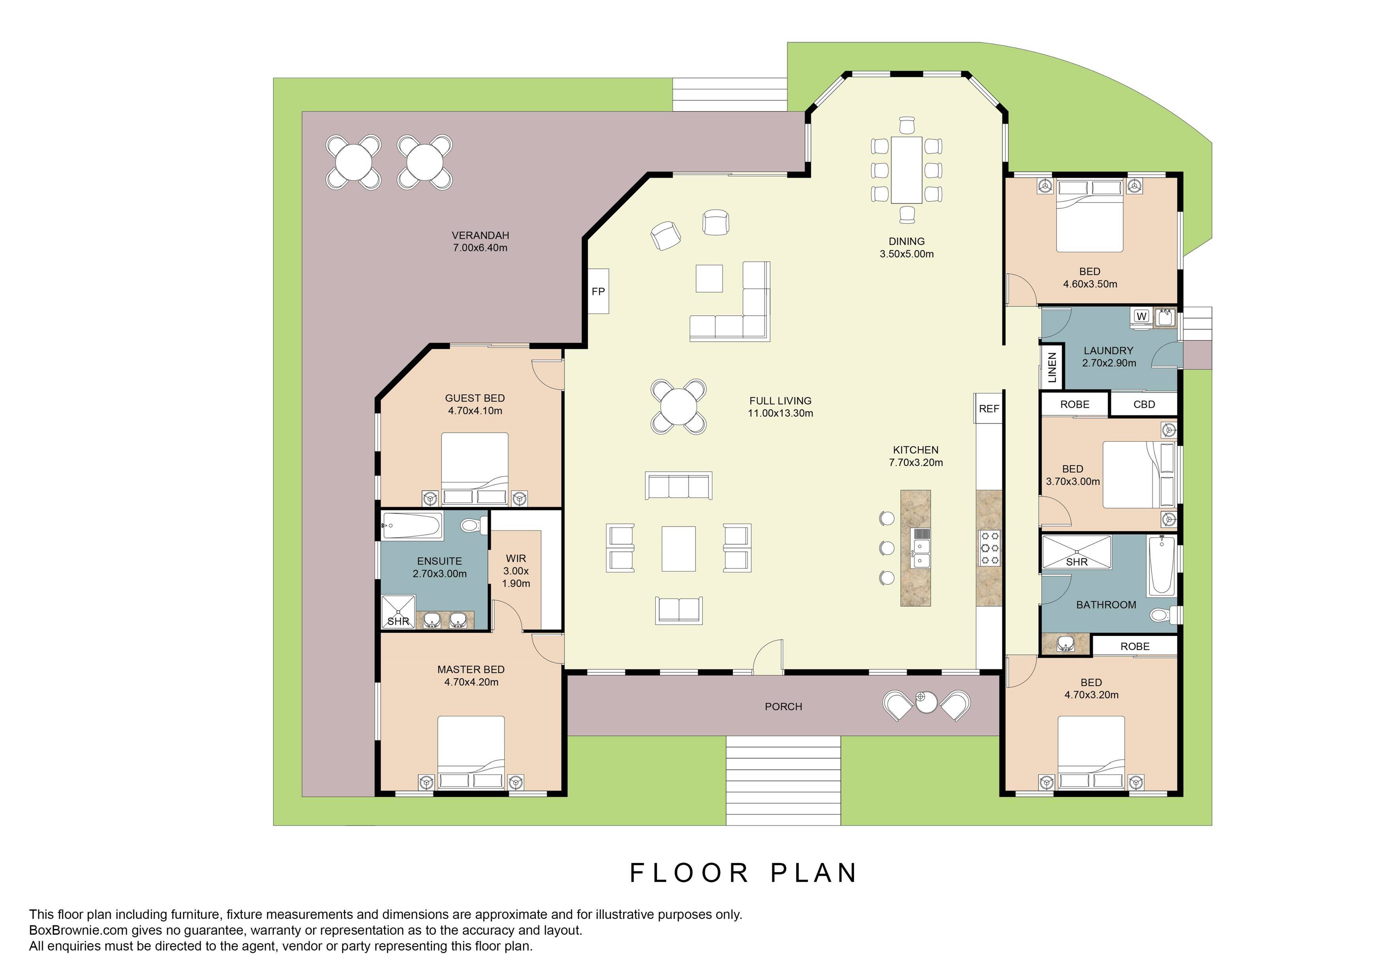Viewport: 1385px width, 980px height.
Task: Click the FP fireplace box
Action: (598, 292)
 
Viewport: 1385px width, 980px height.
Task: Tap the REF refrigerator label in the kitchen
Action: (989, 408)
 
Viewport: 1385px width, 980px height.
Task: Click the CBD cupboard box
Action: (1144, 404)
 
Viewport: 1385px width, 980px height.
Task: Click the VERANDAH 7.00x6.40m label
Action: (480, 241)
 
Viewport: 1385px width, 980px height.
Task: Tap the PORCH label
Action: (783, 707)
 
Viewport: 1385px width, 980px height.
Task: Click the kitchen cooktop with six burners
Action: (989, 548)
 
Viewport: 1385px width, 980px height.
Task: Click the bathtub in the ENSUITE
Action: (413, 526)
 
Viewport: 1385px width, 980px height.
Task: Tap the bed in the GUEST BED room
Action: (475, 468)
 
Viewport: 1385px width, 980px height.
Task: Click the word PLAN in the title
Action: (814, 873)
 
